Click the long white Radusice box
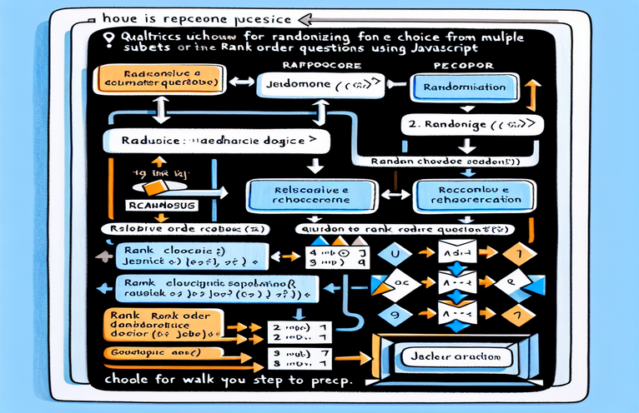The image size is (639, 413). [212, 141]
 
